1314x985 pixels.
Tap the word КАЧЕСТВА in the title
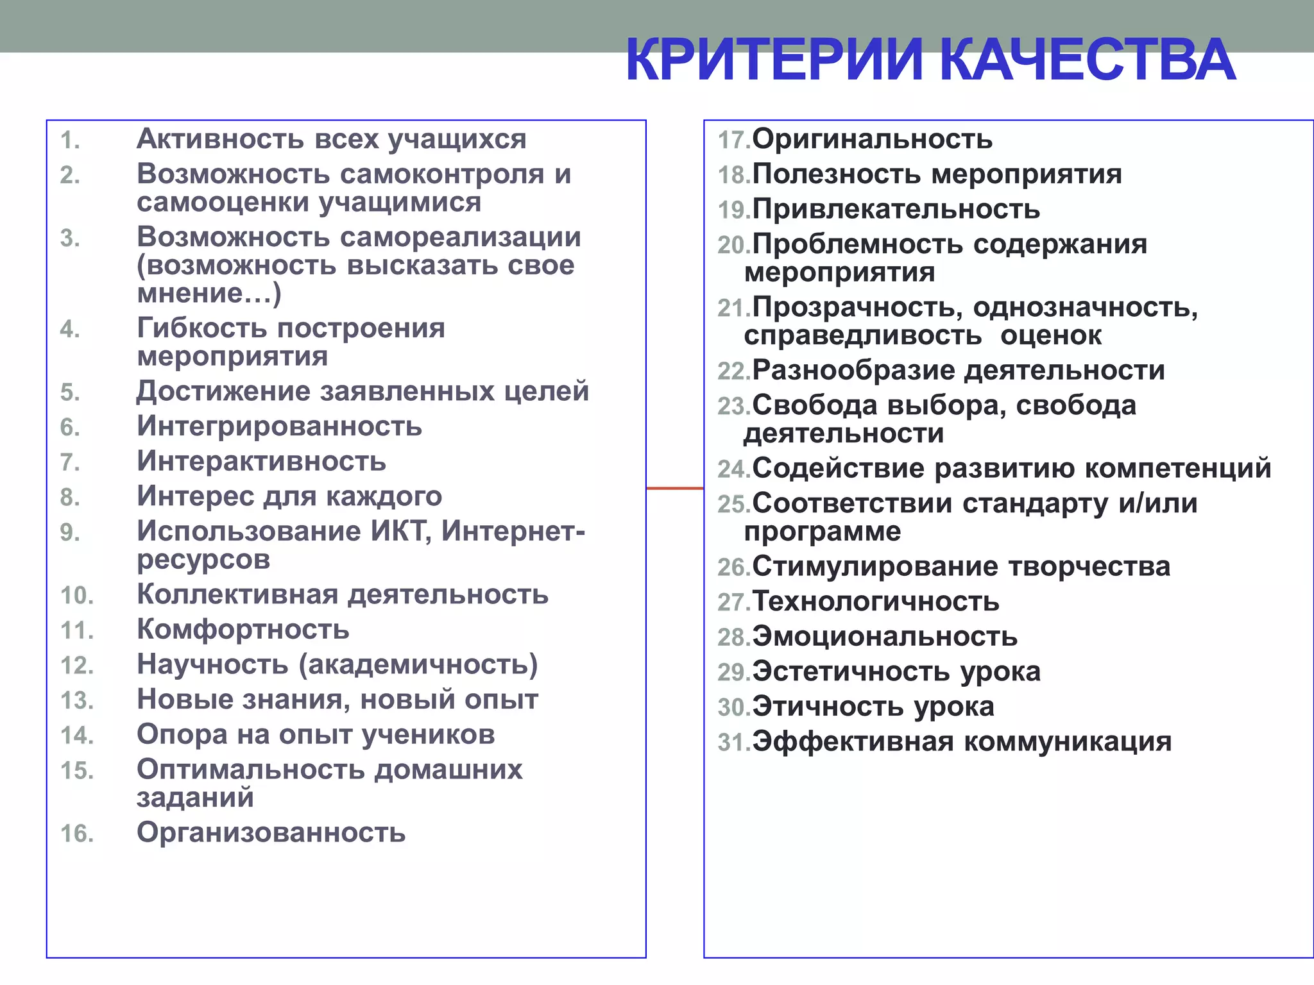[1088, 60]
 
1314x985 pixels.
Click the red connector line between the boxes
[674, 489]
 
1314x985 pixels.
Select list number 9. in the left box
[70, 532]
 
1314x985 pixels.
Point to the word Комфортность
[243, 630]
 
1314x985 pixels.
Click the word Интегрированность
[280, 426]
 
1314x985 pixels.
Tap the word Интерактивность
[262, 462]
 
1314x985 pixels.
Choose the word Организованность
[271, 833]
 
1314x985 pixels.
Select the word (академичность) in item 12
[418, 665]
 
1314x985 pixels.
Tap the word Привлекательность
[896, 210]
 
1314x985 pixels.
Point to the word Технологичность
[876, 602]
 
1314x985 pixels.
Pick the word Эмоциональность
[885, 637]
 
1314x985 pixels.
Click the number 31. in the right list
[734, 743]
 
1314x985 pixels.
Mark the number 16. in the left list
[77, 834]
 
